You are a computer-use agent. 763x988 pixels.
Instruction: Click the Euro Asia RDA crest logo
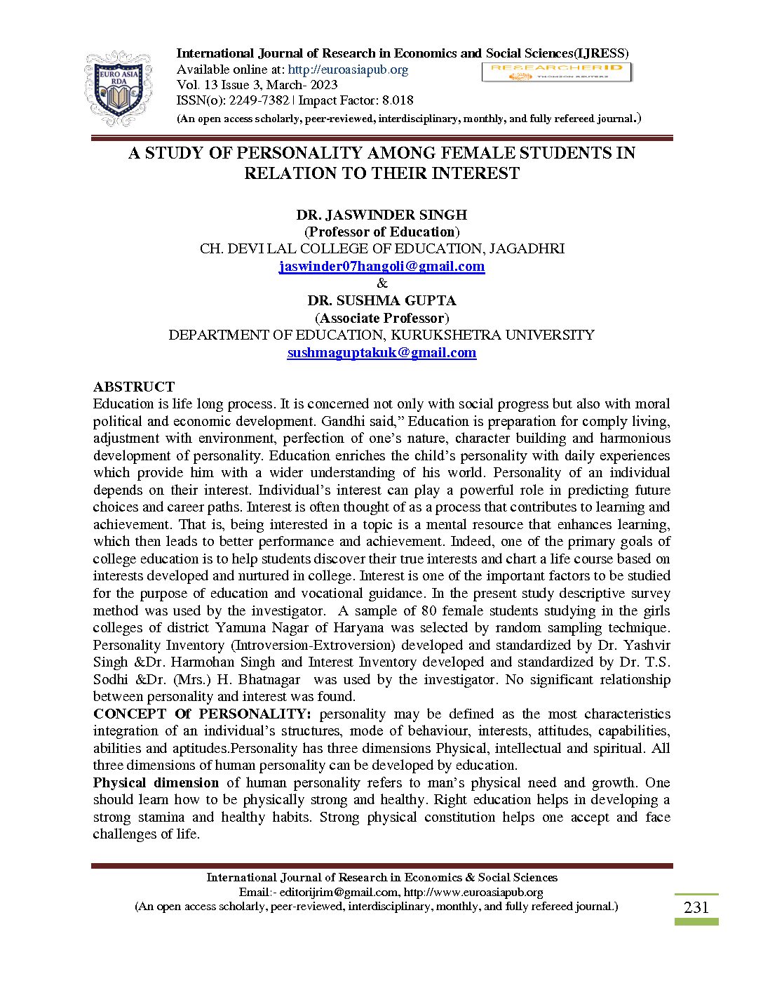(117, 88)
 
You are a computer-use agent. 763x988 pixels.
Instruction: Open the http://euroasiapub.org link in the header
(348, 69)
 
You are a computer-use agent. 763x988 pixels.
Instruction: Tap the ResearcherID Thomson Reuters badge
(556, 72)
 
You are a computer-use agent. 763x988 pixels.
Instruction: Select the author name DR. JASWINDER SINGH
(381, 215)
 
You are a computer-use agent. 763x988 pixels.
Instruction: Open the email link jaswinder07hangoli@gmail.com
(381, 267)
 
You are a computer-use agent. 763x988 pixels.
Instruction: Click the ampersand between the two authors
(381, 283)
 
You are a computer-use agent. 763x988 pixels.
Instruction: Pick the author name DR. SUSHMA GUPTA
(381, 300)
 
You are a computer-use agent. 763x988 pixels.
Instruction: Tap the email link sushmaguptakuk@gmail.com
(381, 353)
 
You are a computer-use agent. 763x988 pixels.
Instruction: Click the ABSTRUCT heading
(134, 387)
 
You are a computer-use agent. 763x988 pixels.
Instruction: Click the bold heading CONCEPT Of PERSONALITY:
(202, 714)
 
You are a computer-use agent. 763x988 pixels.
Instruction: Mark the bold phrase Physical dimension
(156, 782)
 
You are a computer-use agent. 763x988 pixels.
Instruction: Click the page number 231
(696, 907)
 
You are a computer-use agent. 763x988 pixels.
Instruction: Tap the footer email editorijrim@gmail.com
(339, 892)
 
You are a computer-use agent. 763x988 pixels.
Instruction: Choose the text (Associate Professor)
(381, 318)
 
